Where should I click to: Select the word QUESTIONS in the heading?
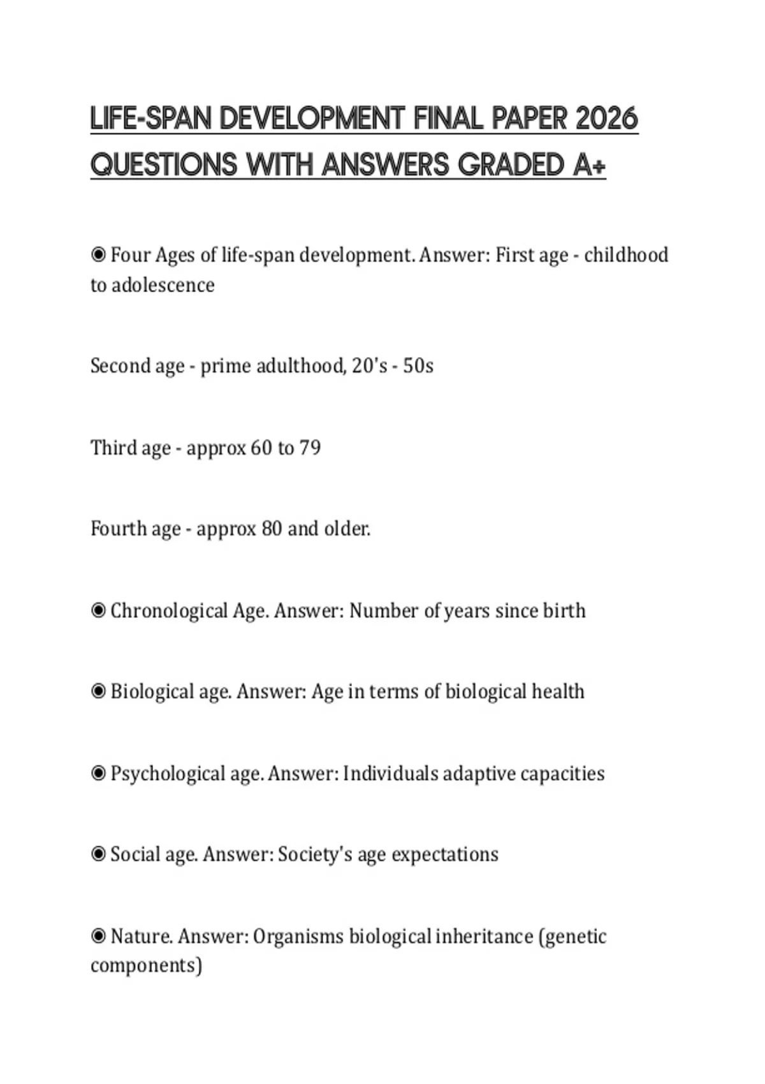pyautogui.click(x=164, y=165)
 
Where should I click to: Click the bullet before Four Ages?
pyautogui.click(x=98, y=255)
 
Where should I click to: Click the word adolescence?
pyautogui.click(x=163, y=284)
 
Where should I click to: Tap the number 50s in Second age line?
pyautogui.click(x=418, y=366)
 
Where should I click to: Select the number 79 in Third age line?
pyautogui.click(x=310, y=448)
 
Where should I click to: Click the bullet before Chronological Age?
pyautogui.click(x=98, y=611)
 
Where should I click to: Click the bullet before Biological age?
pyautogui.click(x=98, y=692)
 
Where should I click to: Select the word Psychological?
pyautogui.click(x=168, y=773)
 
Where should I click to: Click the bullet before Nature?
pyautogui.click(x=98, y=936)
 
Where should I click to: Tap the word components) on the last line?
pyautogui.click(x=146, y=965)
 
